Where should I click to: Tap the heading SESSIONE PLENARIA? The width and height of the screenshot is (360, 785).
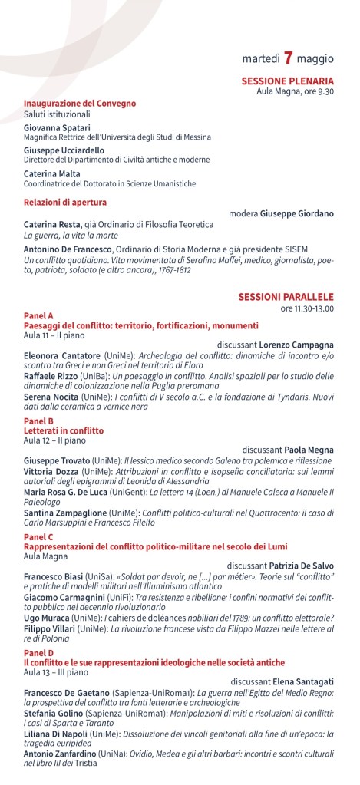(x=287, y=80)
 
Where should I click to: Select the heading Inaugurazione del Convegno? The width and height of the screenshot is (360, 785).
(x=80, y=103)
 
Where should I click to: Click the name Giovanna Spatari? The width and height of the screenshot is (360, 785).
(x=57, y=127)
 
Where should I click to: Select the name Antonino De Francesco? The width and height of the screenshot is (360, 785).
(x=69, y=249)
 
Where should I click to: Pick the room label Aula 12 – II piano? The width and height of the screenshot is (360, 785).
(x=54, y=441)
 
